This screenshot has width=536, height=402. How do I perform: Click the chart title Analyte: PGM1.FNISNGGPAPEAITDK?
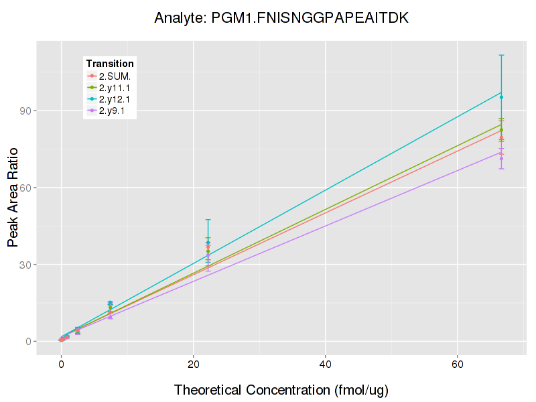point(281,18)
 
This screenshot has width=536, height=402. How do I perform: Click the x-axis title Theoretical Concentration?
point(281,390)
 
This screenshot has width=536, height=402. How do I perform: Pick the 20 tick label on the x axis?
point(193,366)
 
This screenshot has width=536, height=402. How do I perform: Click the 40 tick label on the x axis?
point(325,366)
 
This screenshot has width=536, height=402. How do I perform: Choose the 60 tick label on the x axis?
point(457,366)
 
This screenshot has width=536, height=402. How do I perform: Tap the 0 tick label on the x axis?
point(61,366)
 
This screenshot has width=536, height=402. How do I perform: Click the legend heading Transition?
point(110,64)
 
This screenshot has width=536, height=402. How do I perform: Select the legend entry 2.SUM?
point(115,76)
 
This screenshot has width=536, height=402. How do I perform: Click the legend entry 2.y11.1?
point(115,88)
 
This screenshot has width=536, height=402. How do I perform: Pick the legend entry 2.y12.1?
point(115,99)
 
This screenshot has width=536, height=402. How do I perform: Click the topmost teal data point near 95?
point(501,97)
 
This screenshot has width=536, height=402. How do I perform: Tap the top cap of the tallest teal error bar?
point(501,55)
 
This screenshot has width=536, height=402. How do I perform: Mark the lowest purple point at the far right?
point(501,159)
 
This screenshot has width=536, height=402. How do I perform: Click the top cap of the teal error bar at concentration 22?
point(208,220)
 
